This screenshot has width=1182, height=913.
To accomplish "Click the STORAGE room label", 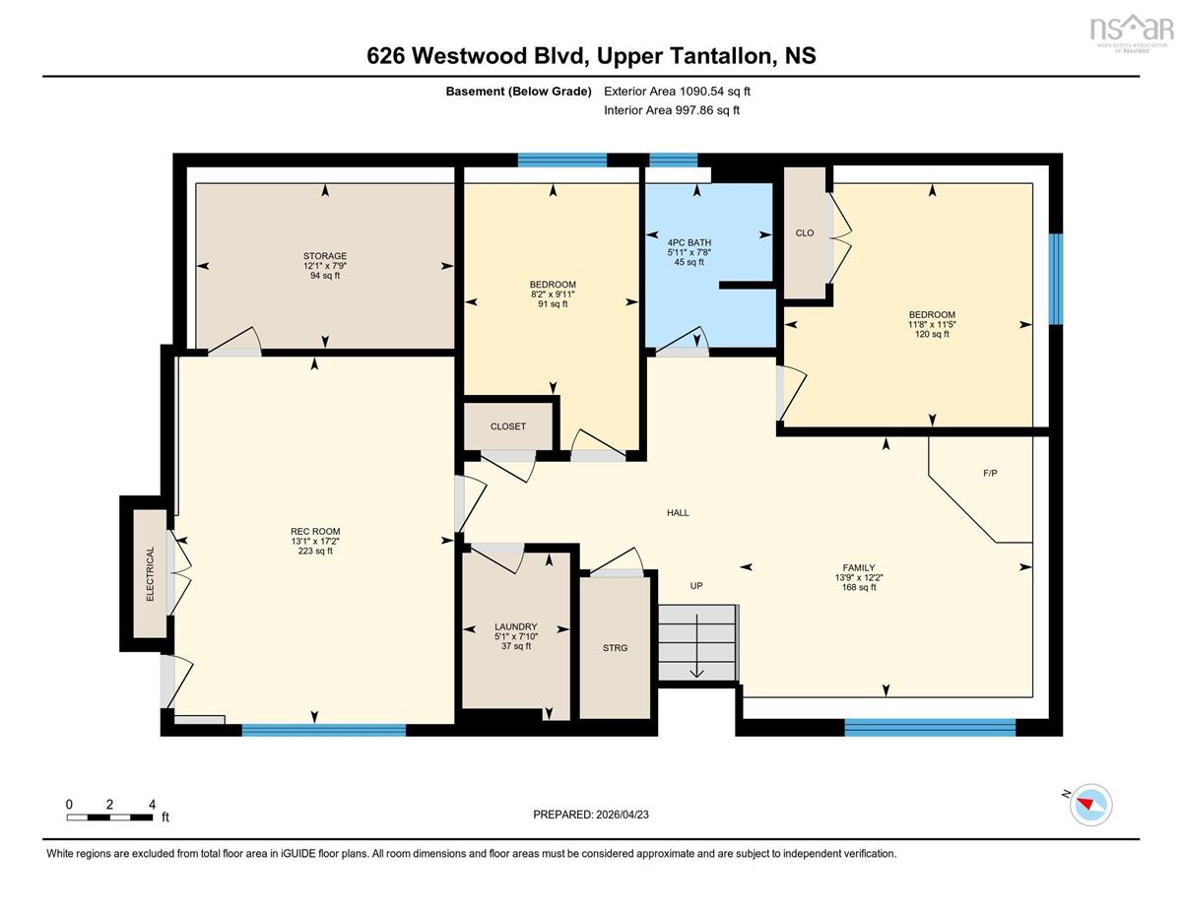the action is (x=325, y=255).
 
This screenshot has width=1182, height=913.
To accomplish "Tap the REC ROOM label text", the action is (x=315, y=531).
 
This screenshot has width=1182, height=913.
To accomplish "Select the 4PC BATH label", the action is (x=689, y=242).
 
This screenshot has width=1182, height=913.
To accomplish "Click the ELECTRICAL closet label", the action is (x=150, y=573).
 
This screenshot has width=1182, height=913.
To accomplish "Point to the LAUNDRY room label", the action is (x=516, y=626).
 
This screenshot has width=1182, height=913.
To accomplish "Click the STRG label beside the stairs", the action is (x=616, y=648).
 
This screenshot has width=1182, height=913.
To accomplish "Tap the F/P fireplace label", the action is (x=990, y=473).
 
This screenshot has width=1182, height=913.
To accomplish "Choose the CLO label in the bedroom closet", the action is (x=805, y=232).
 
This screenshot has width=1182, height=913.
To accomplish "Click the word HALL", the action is (x=678, y=512).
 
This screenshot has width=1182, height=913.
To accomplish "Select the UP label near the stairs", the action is (x=696, y=586).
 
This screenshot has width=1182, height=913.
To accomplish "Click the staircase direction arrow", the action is (x=696, y=646).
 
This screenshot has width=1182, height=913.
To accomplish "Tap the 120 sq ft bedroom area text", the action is (x=932, y=334).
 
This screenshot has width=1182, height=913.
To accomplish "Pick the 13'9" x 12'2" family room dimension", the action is (x=859, y=577).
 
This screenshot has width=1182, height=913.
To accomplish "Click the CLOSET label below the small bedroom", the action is (x=508, y=426).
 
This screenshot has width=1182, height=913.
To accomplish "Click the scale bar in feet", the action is (x=110, y=817).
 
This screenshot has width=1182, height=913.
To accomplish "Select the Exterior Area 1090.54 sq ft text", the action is (x=678, y=91).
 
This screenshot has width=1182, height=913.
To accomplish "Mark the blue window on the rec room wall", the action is (x=324, y=730).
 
